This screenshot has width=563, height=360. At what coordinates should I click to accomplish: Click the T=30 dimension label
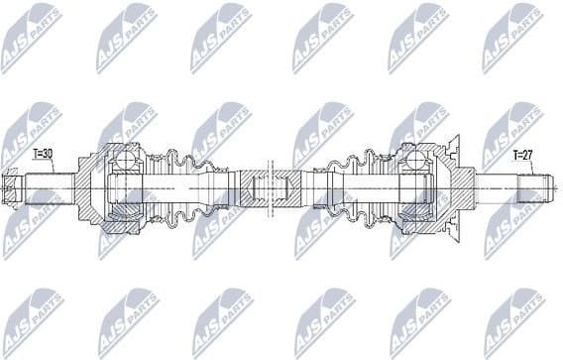tap(43, 155)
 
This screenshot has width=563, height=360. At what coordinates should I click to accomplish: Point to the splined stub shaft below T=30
tap(45, 185)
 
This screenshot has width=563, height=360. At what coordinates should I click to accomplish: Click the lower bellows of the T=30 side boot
tap(180, 209)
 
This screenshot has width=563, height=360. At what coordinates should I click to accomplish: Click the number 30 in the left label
tap(49, 155)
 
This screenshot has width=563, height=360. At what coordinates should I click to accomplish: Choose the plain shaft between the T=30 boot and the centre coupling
tap(223, 185)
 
